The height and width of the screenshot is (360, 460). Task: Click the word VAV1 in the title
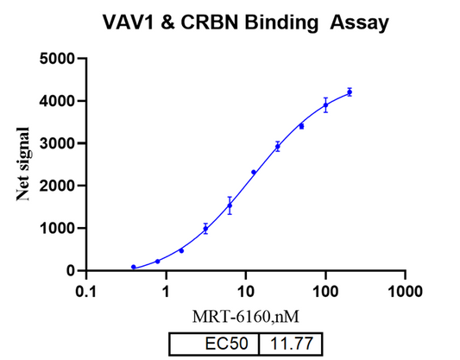click(x=128, y=21)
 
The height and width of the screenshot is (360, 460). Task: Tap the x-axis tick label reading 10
click(x=245, y=291)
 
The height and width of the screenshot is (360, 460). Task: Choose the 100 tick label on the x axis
click(x=325, y=291)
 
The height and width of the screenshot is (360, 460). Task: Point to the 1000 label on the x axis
click(x=405, y=291)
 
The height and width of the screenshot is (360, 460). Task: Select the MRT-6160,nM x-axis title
click(x=246, y=316)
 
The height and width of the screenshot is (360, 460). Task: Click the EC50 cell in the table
click(x=224, y=344)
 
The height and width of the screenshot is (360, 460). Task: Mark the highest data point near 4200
click(x=350, y=92)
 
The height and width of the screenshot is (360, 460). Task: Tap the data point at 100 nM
click(x=325, y=105)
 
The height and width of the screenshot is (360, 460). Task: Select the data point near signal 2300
click(x=254, y=172)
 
